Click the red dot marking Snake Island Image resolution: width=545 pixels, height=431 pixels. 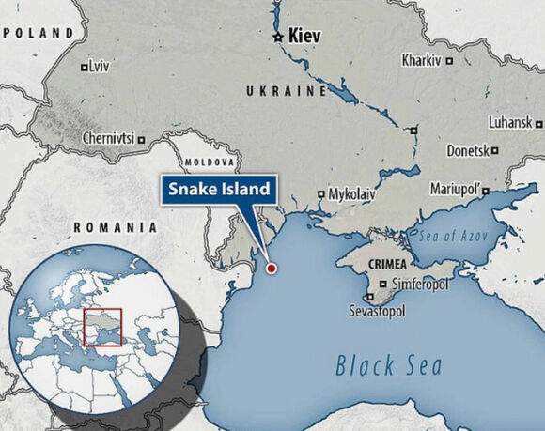pos(272,269)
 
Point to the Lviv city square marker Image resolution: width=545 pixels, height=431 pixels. pos(85,67)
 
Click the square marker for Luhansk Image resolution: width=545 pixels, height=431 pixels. pos(538,123)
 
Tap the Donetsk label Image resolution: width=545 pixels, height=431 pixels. pos(468,150)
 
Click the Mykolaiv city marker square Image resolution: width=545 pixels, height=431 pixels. pos(321,194)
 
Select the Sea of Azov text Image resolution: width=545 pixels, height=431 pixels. pos(456,234)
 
